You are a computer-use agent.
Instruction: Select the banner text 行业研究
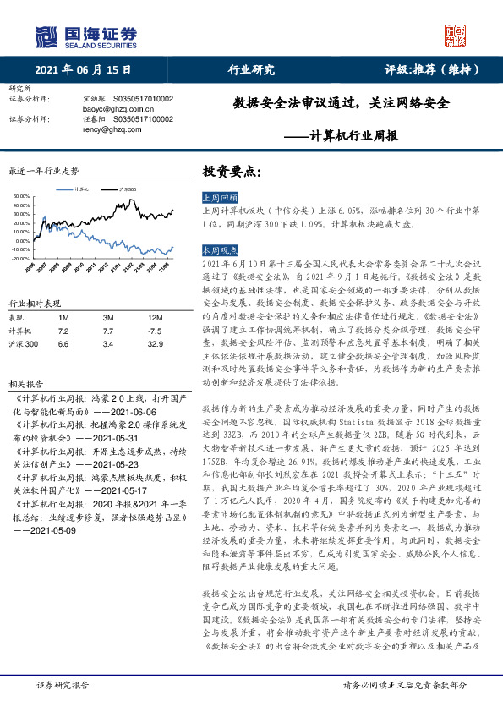click(252, 70)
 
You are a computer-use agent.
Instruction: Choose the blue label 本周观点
click(217, 251)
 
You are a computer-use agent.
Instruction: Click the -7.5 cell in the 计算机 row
click(153, 330)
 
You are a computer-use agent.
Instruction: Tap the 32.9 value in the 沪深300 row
click(153, 344)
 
